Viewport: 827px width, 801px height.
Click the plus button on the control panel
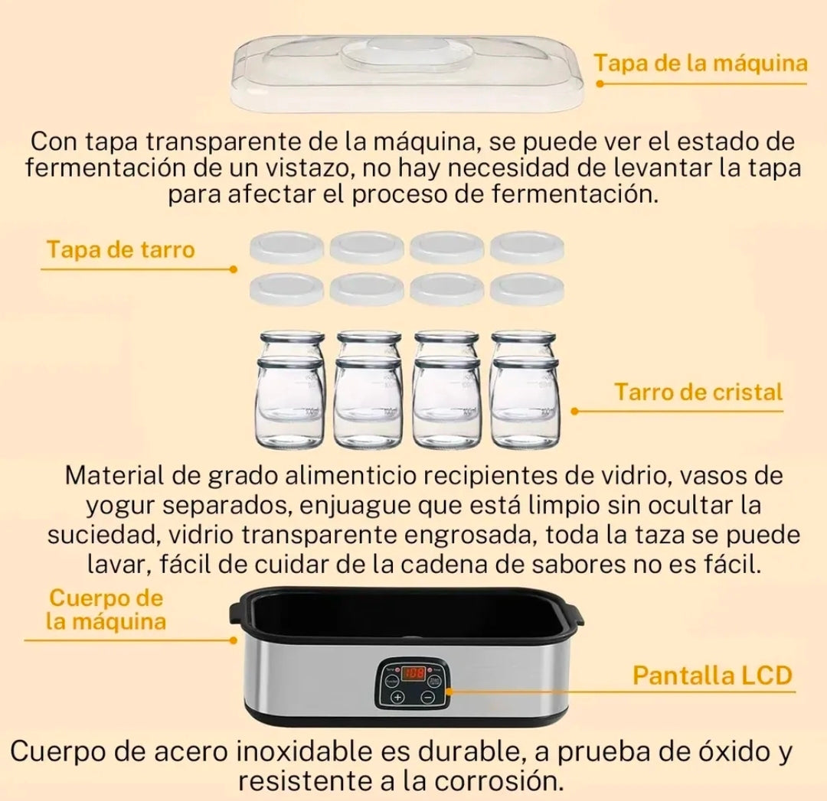(397, 697)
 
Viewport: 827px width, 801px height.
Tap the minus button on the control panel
(428, 697)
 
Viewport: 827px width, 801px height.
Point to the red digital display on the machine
(414, 674)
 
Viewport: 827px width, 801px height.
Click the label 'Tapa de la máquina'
(701, 63)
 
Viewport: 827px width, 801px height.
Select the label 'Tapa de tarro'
(120, 249)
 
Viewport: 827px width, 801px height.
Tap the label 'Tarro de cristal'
(698, 392)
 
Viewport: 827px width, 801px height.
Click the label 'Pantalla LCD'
(711, 676)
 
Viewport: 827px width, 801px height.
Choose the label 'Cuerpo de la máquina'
(106, 609)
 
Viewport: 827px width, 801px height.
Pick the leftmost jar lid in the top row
(287, 247)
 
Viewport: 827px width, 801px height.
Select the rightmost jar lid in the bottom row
(528, 289)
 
